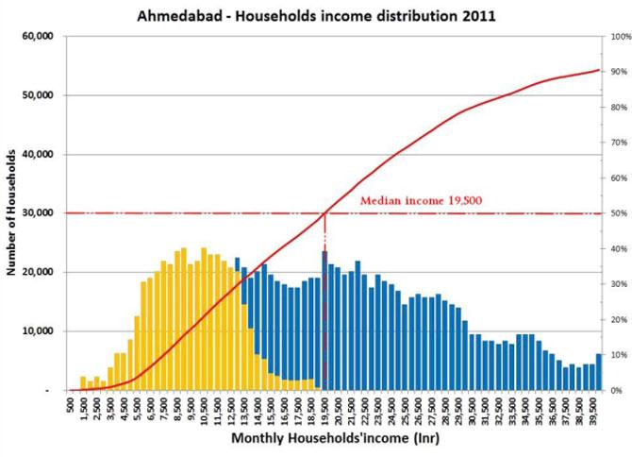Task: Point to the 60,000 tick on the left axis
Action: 38,36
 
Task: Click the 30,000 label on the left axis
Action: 38,213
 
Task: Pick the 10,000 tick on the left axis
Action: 38,331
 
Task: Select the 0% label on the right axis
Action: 614,390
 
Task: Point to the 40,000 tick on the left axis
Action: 38,154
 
